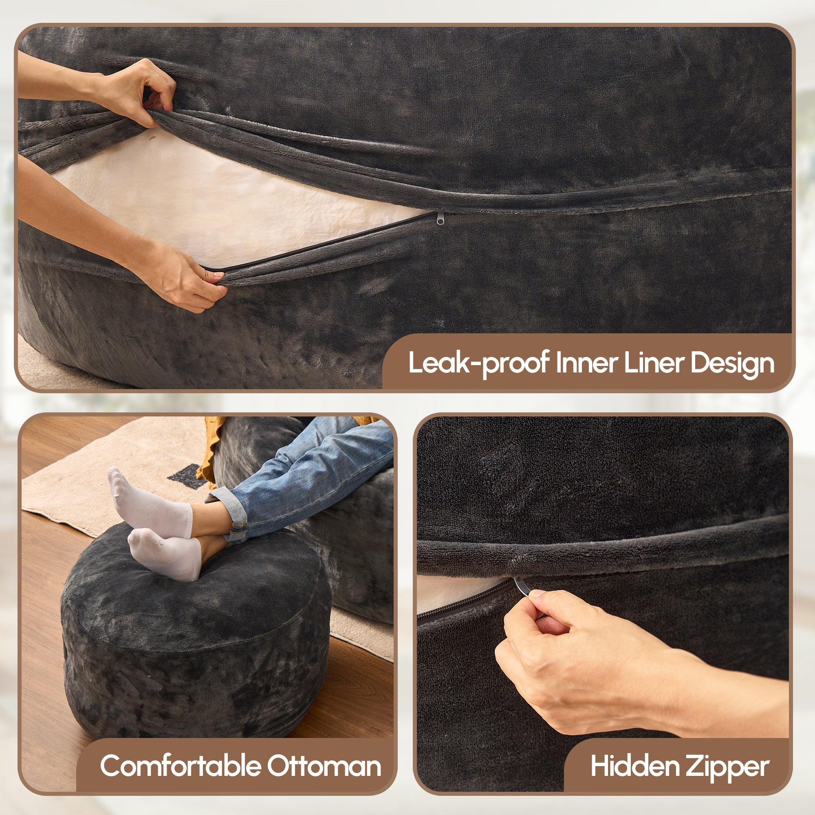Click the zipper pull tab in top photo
(440, 218)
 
